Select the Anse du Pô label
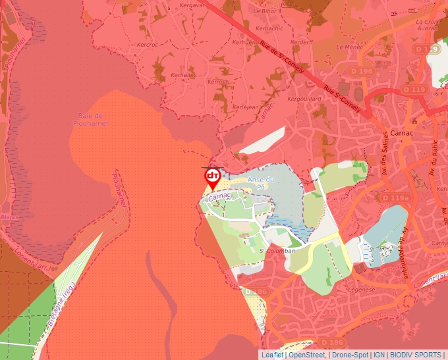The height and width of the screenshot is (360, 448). (260, 184)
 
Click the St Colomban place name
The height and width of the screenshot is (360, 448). (277, 250)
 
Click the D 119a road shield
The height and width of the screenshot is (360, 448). (395, 197)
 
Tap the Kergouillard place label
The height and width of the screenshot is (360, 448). (304, 99)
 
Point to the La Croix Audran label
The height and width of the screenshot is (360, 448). (428, 25)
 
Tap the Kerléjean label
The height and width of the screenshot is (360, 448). (227, 107)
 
